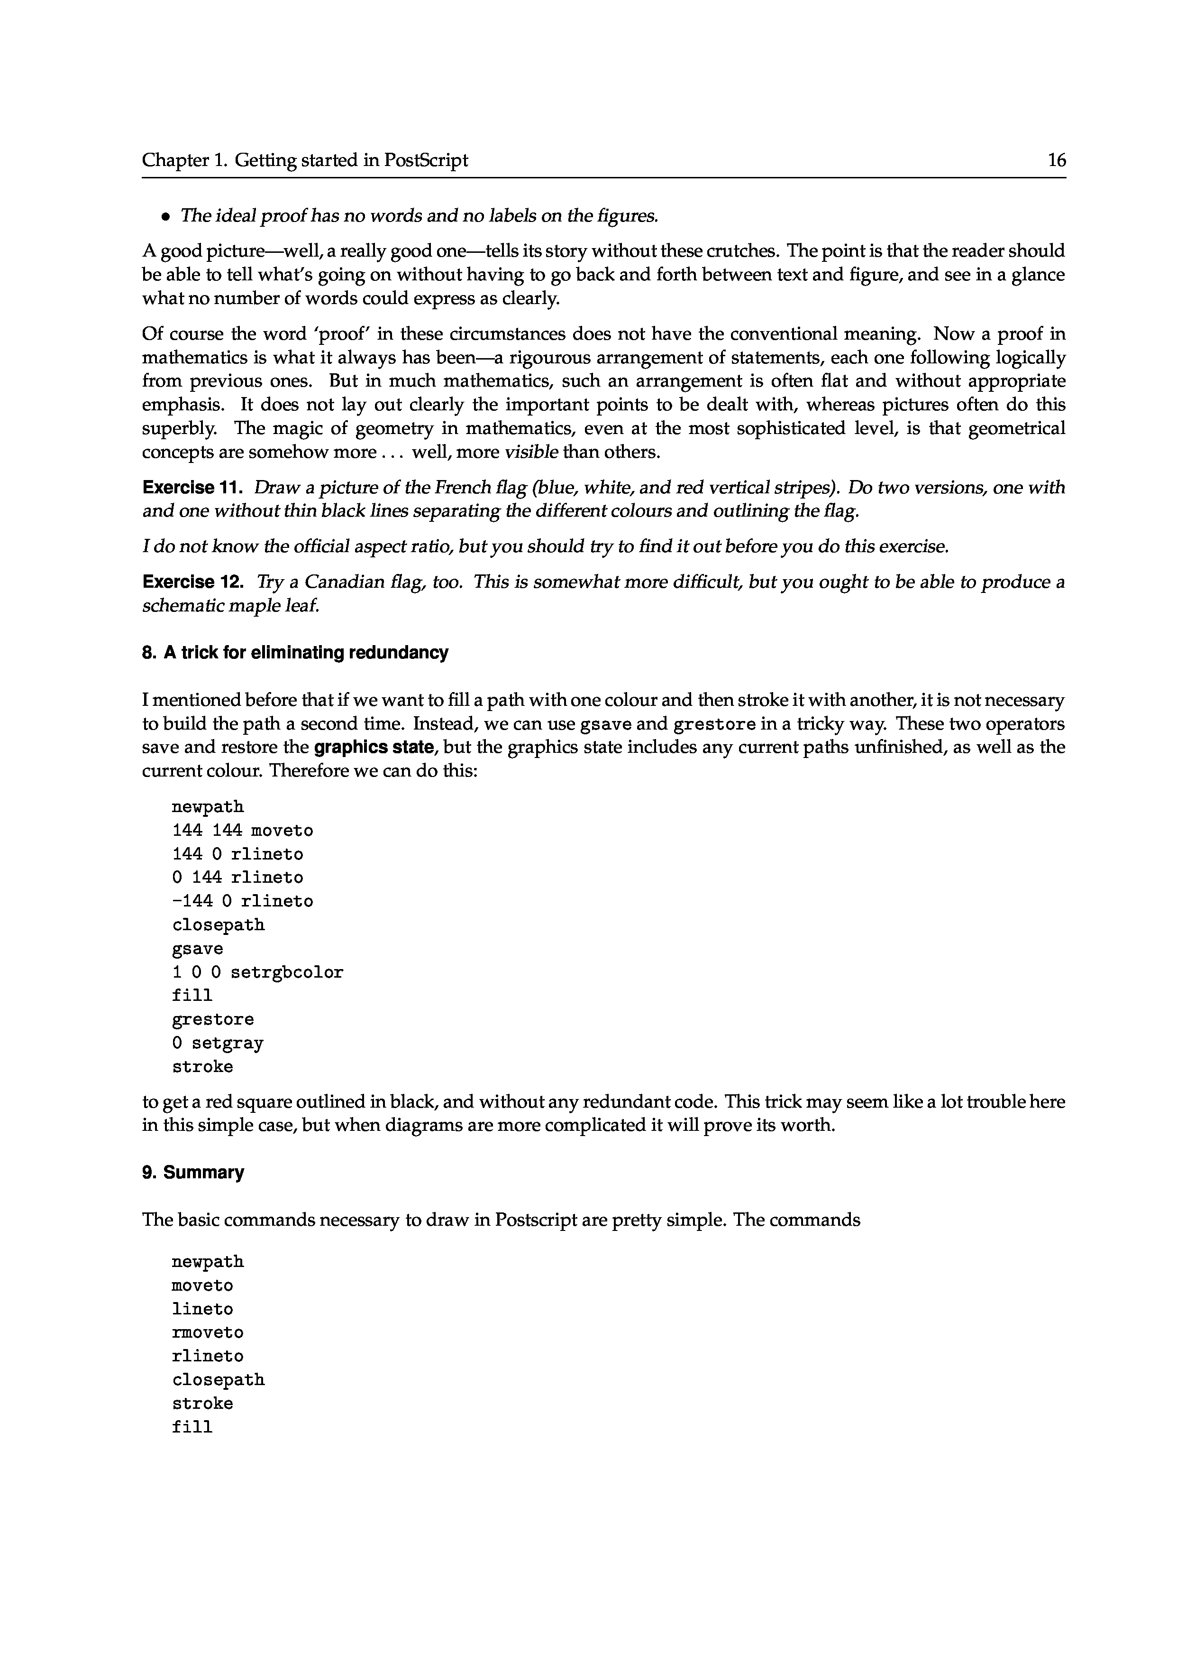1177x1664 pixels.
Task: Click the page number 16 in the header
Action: [1057, 160]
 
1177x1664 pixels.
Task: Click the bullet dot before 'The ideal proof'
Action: [166, 216]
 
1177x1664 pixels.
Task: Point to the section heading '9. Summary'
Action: [193, 1173]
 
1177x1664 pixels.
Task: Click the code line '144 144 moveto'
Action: [242, 830]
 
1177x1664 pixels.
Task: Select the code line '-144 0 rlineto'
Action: [242, 901]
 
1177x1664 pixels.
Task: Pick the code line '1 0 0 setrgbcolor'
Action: [257, 972]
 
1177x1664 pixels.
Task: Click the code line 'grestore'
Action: [212, 1019]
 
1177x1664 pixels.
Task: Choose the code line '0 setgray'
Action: [218, 1044]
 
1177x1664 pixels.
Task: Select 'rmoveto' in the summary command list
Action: [207, 1332]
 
